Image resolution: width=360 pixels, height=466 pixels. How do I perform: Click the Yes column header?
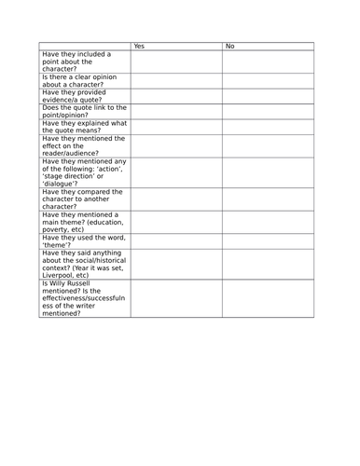[x=139, y=46]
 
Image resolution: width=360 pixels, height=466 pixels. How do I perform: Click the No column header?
[x=230, y=46]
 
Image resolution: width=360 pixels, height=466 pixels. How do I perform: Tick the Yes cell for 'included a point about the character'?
[x=175, y=60]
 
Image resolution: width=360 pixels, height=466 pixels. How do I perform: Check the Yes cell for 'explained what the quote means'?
[x=175, y=127]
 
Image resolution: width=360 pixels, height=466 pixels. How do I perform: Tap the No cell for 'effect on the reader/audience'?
[x=268, y=145]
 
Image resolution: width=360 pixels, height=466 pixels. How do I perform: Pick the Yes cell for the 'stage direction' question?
[x=175, y=172]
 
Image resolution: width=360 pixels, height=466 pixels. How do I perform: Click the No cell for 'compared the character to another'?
[x=268, y=199]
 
